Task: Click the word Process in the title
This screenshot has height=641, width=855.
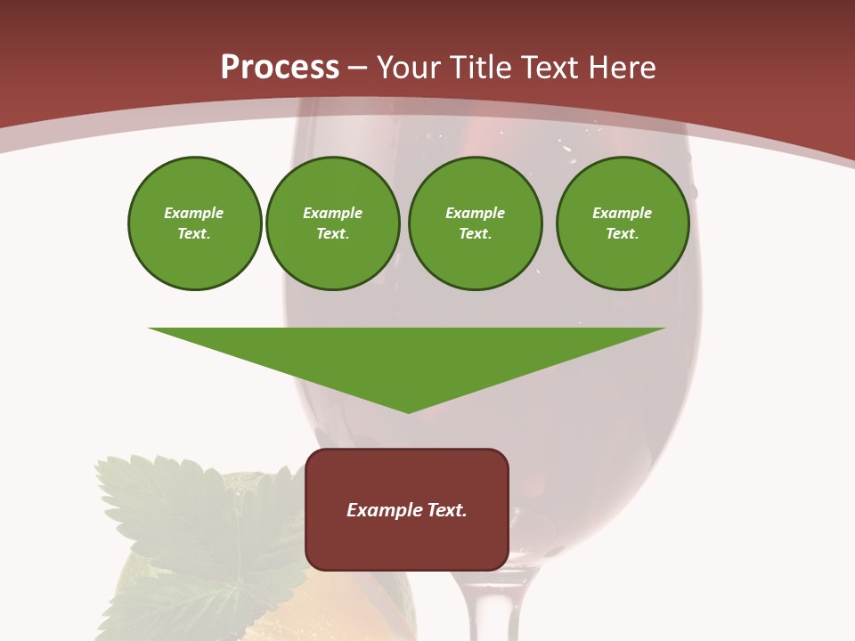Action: (280, 68)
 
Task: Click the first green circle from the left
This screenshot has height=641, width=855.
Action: (194, 223)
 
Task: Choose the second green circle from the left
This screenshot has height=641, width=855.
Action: (333, 223)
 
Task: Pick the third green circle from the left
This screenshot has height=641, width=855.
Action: (475, 223)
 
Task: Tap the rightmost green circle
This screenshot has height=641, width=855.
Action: (623, 223)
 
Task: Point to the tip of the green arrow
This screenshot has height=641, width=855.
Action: (408, 411)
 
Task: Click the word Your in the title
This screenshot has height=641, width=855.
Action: (408, 68)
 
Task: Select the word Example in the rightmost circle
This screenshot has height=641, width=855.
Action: (623, 213)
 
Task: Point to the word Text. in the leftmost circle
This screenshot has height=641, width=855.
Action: (194, 234)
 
